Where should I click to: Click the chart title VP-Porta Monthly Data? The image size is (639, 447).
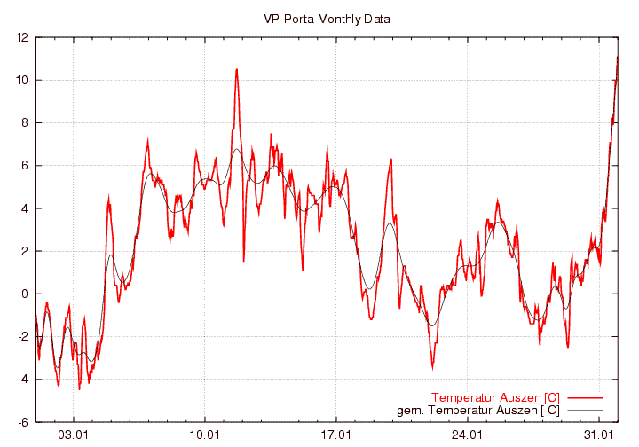[x=327, y=19]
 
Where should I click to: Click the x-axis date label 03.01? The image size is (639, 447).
[x=74, y=435]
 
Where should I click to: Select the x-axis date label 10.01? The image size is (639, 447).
[x=205, y=435]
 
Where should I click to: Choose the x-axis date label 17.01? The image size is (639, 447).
[x=336, y=435]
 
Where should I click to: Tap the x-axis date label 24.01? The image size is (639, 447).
[x=468, y=435]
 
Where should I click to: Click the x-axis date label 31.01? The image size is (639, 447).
[x=599, y=435]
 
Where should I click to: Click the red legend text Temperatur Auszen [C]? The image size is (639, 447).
[x=495, y=396]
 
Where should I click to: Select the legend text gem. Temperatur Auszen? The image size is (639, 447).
[x=477, y=410]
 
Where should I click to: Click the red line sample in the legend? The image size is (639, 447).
[x=583, y=396]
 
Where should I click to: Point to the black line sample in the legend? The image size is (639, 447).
[x=583, y=410]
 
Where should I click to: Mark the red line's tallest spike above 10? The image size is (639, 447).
[x=237, y=70]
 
